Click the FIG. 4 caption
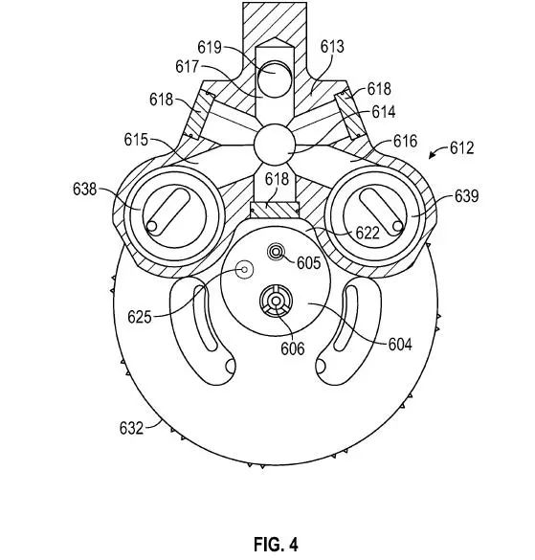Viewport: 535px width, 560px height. coord(276,544)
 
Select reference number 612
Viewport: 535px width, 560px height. coord(462,147)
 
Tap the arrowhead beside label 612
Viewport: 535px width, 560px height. coord(432,155)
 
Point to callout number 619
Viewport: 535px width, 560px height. coord(210,47)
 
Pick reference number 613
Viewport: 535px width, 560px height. coord(332,47)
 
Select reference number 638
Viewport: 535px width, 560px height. coord(84,189)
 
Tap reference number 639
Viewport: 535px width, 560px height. coord(466,196)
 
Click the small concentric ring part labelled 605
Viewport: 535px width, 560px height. coord(276,253)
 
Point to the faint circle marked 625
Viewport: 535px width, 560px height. coord(245,269)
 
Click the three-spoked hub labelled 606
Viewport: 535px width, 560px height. coord(276,302)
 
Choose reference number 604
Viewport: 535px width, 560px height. coord(400,345)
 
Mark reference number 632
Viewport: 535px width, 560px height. coord(131,428)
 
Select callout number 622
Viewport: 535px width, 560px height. coord(368,234)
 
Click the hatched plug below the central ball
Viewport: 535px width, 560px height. coord(275,210)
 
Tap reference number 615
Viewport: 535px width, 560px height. coord(136,140)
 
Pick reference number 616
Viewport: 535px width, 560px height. coord(406,142)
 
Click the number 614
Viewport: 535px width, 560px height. coord(384,112)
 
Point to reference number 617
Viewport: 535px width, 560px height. coord(187,66)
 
